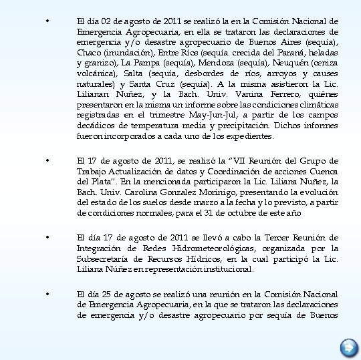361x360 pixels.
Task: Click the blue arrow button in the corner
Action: pyautogui.click(x=348, y=348)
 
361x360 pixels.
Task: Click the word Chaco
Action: pyautogui.click(x=89, y=53)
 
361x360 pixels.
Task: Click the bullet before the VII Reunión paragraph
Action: pyautogui.click(x=45, y=160)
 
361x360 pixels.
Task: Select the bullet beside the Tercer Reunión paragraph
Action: pyautogui.click(x=45, y=238)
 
